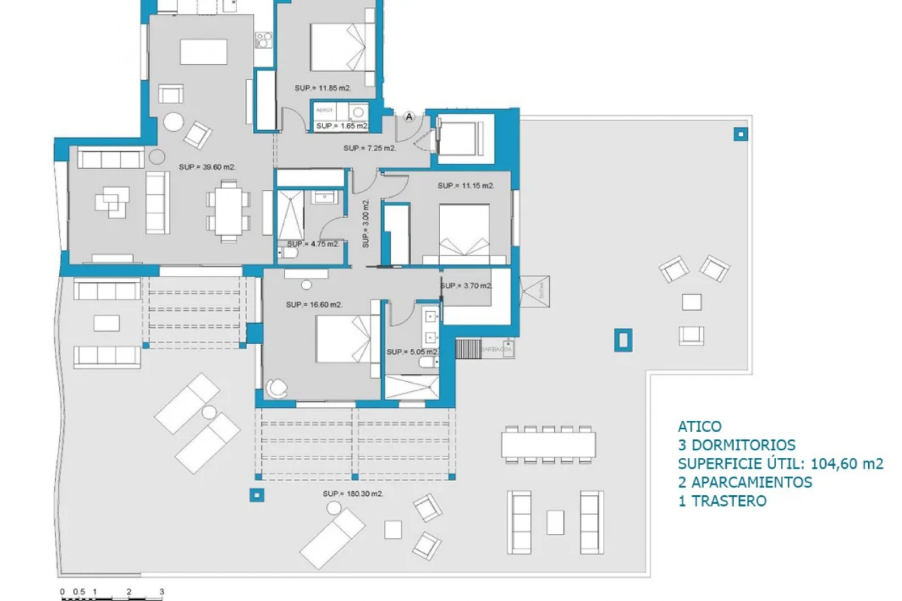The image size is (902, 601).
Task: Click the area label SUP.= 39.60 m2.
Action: tap(207, 167)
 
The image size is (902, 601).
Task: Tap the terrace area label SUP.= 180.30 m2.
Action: tap(353, 494)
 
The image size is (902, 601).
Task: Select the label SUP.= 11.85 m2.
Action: tap(323, 88)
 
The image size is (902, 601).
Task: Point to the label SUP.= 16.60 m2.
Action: tap(314, 305)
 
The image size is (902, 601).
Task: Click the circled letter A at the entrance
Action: tap(409, 116)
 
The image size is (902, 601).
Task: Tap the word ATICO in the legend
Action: tap(700, 426)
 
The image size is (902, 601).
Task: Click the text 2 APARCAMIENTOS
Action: tap(745, 482)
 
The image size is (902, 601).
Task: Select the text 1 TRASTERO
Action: tap(722, 501)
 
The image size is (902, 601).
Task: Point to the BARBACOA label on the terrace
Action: tap(497, 350)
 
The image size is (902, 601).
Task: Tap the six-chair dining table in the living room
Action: tap(228, 211)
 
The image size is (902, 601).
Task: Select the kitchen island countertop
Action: tap(203, 52)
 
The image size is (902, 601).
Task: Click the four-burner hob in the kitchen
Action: tap(264, 40)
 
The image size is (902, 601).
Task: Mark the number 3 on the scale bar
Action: tap(162, 592)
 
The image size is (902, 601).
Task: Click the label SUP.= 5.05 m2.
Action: tap(412, 352)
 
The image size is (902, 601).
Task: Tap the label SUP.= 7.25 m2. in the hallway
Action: tap(370, 148)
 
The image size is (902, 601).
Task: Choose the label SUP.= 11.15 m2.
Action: tap(466, 186)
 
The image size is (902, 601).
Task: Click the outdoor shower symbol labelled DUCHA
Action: tap(535, 291)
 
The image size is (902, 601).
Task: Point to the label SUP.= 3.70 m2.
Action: tap(466, 286)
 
